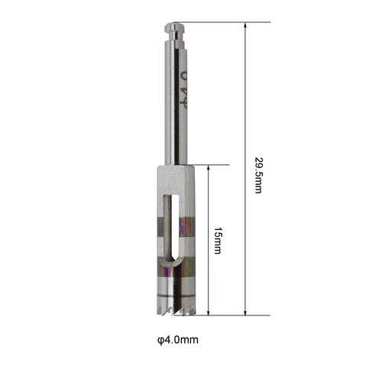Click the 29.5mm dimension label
tap(258, 176)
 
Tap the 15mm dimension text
tap(217, 241)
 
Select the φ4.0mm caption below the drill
tap(178, 340)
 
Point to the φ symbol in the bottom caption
tap(160, 340)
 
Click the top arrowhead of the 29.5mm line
tap(245, 25)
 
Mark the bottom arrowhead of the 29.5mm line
tap(245, 312)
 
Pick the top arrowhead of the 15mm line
tap(209, 168)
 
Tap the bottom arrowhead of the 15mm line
tap(209, 312)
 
